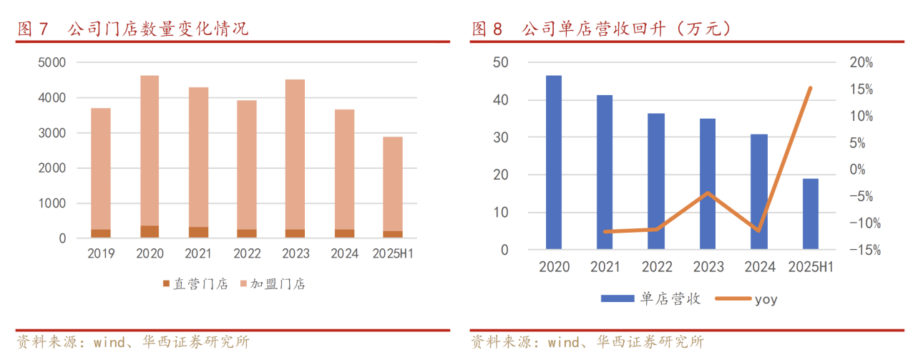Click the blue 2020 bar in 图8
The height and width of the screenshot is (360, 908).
554,162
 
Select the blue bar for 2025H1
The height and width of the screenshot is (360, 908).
810,214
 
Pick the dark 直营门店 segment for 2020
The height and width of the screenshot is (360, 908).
150,231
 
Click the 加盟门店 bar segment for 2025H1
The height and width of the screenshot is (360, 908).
392,184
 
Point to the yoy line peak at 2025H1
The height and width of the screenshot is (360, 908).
810,88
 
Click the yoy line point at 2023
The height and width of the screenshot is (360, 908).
708,193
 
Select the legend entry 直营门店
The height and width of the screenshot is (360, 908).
195,284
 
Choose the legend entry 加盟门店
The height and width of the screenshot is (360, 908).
273,284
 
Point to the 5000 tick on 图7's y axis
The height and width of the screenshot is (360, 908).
52,62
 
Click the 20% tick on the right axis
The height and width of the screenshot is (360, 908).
861,62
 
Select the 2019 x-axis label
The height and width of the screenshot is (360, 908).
101,253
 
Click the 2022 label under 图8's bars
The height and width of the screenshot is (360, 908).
657,267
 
